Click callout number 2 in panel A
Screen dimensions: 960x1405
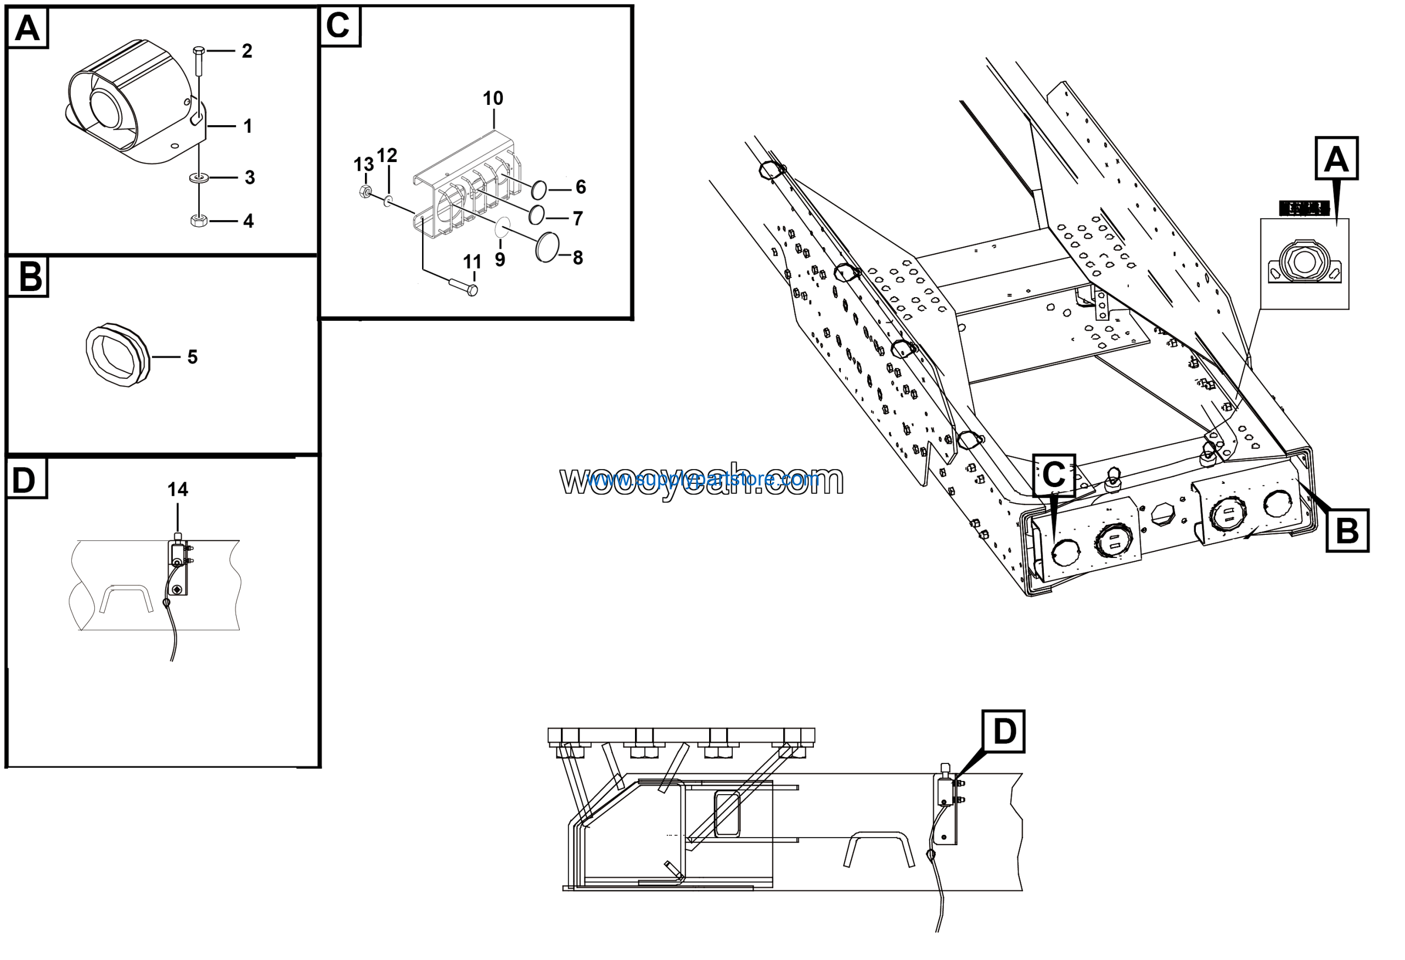coord(246,51)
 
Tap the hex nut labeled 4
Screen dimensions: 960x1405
coord(199,220)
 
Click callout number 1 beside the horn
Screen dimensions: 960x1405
coord(248,126)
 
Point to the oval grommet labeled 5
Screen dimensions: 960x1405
coord(117,355)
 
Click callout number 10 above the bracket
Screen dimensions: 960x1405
coord(493,98)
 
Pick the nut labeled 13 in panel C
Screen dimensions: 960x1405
coord(364,192)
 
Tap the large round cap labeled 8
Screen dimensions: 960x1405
coord(547,247)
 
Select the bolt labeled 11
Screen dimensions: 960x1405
coord(464,286)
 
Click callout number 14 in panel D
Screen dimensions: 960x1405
coord(178,489)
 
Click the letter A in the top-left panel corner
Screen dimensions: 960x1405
coord(27,28)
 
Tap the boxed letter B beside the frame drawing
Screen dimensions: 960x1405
coord(1347,531)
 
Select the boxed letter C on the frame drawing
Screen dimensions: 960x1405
coord(1054,475)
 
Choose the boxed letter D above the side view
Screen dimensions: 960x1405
coord(1004,732)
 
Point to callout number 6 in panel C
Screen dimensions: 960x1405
coord(580,187)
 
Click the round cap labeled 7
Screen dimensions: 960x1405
coord(536,215)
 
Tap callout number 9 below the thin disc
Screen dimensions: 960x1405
coord(500,260)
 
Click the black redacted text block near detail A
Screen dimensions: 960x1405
coord(1304,209)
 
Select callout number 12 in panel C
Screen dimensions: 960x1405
coord(387,155)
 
